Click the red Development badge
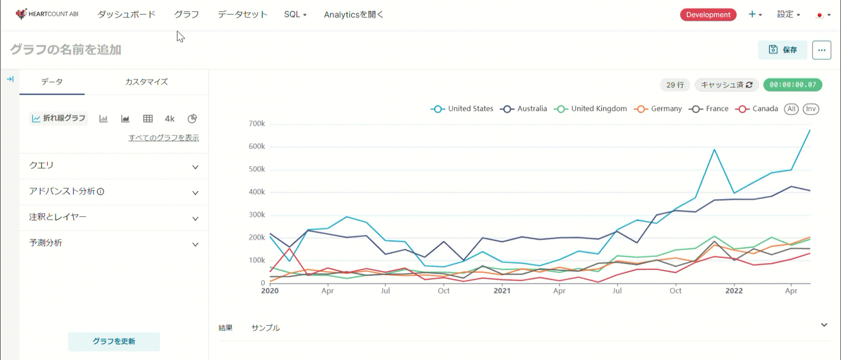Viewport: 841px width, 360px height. pos(708,15)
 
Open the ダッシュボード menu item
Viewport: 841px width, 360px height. pos(126,14)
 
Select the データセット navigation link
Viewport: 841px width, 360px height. pos(242,14)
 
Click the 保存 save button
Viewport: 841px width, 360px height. pos(783,50)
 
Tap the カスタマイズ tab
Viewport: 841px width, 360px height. pos(146,82)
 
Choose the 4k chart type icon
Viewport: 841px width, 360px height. pos(170,119)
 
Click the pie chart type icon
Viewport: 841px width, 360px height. pos(192,119)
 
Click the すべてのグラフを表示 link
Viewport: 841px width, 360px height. pos(163,138)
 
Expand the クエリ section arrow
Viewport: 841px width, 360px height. pos(195,167)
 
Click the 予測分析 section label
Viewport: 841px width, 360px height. pos(46,243)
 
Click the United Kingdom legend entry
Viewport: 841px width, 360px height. pos(590,109)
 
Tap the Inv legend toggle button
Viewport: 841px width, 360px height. pos(811,109)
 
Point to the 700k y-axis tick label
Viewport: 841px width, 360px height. pos(257,124)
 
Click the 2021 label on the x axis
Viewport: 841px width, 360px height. pos(502,291)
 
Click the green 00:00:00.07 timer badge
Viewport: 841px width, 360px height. pos(792,85)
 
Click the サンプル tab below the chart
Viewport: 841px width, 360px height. pos(265,328)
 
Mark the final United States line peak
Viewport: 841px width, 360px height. pos(809,130)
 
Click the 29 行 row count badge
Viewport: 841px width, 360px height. pos(675,85)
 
